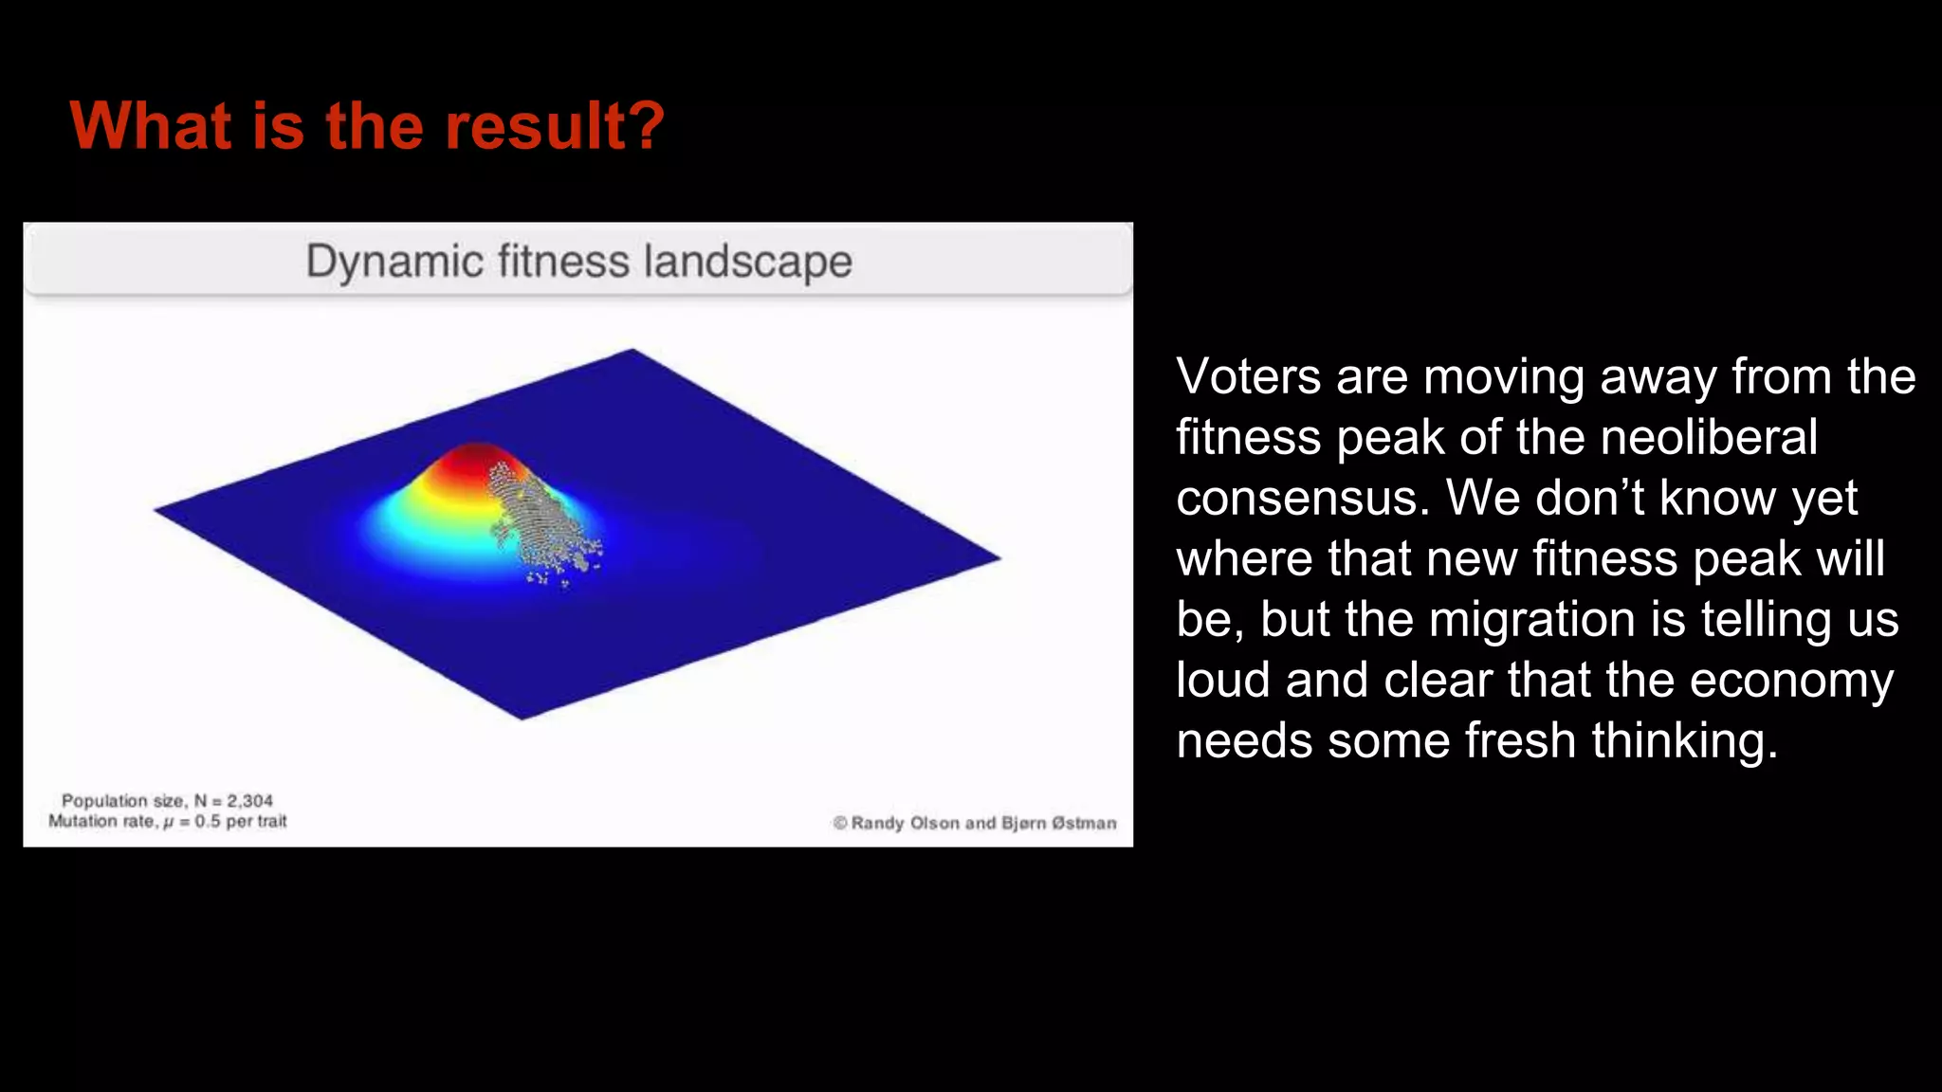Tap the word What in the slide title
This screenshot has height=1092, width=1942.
click(x=150, y=126)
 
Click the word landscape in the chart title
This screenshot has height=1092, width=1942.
click(x=747, y=262)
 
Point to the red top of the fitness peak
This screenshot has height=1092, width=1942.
click(x=471, y=460)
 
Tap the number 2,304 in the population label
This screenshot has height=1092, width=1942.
click(x=249, y=801)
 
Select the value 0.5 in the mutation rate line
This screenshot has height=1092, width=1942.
click(x=208, y=822)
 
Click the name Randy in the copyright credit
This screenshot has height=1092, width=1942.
click(x=878, y=823)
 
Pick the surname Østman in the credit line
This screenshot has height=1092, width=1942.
click(x=1084, y=823)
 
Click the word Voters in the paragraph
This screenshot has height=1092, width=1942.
click(x=1248, y=376)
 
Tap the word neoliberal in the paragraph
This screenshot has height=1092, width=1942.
click(x=1709, y=437)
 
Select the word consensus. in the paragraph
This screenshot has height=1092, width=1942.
click(x=1303, y=498)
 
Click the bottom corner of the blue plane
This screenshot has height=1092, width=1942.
click(x=522, y=718)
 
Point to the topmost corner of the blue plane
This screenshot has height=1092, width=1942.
click(x=632, y=351)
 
